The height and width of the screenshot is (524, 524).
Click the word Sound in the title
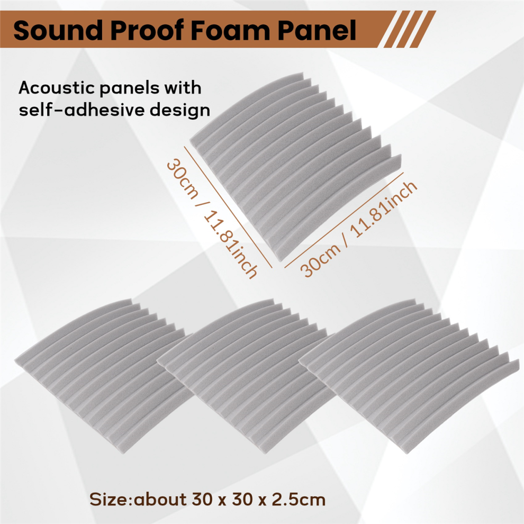click(58, 30)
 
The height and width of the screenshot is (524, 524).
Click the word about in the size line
click(160, 500)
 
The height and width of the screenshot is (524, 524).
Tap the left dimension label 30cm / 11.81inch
click(212, 219)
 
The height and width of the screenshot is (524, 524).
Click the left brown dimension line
click(228, 207)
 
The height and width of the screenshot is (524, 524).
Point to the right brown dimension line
click(344, 220)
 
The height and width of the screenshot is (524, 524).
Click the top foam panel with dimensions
click(296, 166)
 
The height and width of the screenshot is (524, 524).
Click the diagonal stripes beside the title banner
click(409, 29)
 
